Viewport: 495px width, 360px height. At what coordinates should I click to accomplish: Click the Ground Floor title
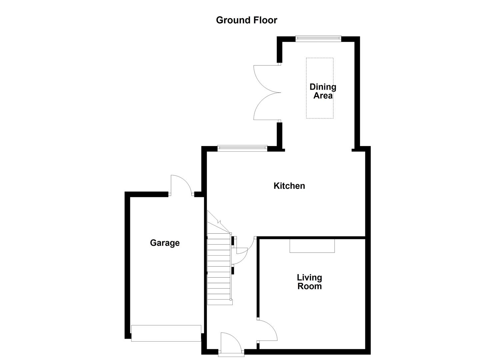pyautogui.click(x=246, y=20)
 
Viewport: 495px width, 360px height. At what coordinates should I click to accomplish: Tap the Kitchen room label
pyautogui.click(x=289, y=186)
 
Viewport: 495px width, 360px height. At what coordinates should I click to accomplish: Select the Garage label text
pyautogui.click(x=165, y=243)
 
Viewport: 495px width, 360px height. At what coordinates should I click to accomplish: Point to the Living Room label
pyautogui.click(x=309, y=282)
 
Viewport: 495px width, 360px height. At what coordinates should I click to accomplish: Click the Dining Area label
pyautogui.click(x=323, y=91)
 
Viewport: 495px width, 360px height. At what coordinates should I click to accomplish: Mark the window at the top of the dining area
pyautogui.click(x=318, y=38)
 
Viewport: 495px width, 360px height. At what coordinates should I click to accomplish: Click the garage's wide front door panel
pyautogui.click(x=166, y=333)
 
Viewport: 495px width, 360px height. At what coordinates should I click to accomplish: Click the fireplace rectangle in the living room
pyautogui.click(x=312, y=246)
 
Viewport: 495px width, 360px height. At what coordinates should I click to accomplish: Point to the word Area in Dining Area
pyautogui.click(x=323, y=96)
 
